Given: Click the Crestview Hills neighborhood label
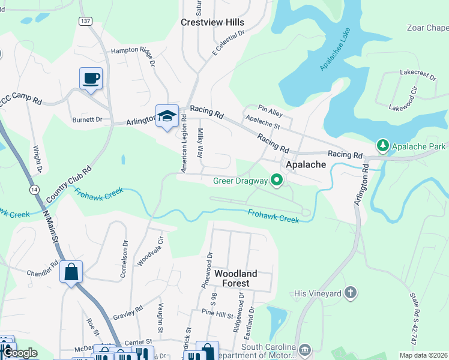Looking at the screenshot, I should (213, 22).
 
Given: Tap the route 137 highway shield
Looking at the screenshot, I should (85, 21).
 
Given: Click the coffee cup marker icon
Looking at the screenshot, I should (91, 79).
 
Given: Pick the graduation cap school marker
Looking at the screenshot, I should (167, 116).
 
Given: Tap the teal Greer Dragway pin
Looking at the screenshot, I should (277, 180).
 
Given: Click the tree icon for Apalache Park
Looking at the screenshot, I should (382, 146).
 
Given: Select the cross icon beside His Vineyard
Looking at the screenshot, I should (351, 293).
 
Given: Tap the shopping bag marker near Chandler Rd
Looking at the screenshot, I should (71, 272).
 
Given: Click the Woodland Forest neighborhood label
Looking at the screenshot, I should (236, 279).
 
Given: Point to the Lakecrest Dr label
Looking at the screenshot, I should (418, 74).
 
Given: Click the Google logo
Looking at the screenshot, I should (19, 353).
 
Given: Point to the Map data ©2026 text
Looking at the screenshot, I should (423, 355).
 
